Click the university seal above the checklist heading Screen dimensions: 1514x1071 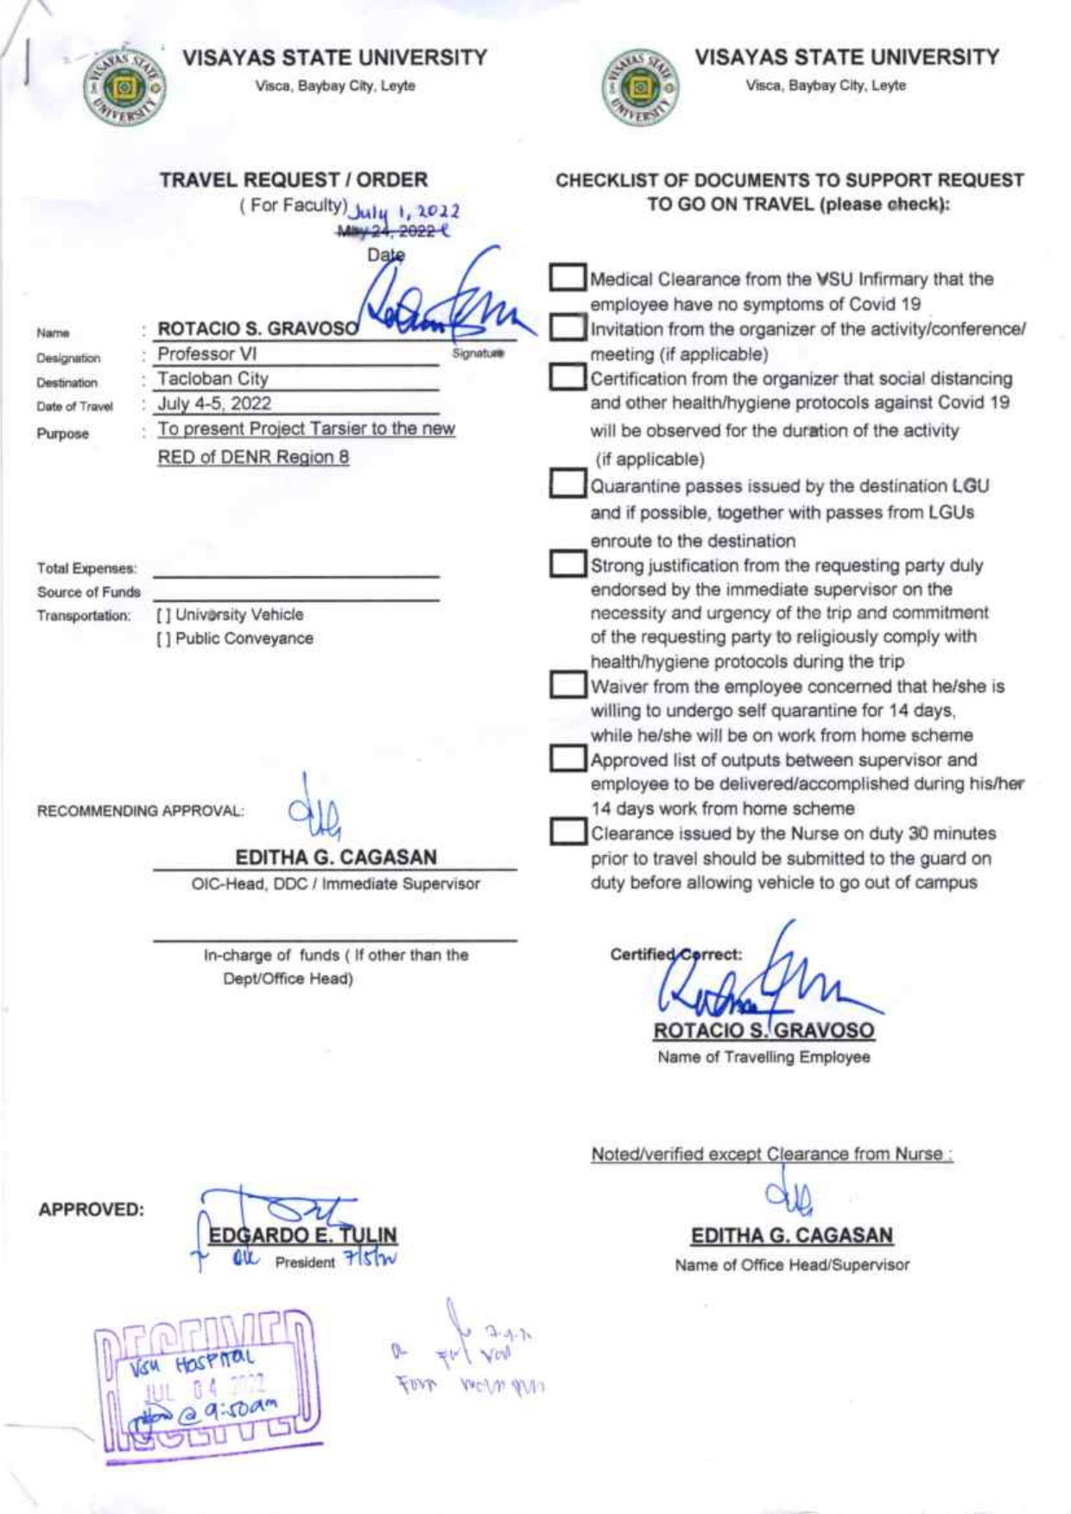click(640, 87)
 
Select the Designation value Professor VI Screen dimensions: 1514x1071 click(207, 354)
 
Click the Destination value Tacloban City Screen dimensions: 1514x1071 click(212, 378)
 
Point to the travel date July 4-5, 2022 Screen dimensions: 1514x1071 click(214, 403)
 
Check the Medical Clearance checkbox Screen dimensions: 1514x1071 click(567, 277)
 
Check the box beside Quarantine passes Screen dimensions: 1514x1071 click(567, 484)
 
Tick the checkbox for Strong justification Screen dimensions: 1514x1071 click(567, 564)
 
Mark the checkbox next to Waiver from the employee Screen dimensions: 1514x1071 click(567, 685)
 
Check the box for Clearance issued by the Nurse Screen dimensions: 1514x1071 click(567, 832)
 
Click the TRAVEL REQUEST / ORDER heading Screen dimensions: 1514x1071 click(294, 181)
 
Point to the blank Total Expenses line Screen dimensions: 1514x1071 click(296, 573)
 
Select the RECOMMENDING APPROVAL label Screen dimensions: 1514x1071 click(140, 812)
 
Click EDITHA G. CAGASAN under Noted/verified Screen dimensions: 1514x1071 click(792, 1236)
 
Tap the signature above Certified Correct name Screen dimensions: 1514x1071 click(760, 980)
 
